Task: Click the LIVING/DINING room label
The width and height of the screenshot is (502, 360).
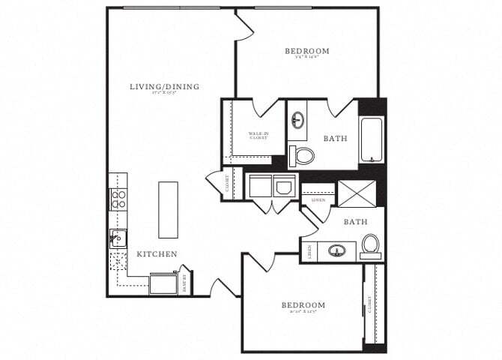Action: click(x=164, y=87)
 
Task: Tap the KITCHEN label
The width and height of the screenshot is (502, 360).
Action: click(x=157, y=254)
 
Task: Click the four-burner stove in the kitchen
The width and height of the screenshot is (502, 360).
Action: click(x=118, y=198)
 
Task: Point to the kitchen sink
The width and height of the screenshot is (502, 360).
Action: click(x=118, y=238)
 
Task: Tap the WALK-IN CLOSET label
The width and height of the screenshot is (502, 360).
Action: click(x=258, y=136)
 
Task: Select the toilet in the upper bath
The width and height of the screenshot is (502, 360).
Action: click(x=303, y=156)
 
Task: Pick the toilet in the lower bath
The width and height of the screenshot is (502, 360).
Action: click(x=370, y=245)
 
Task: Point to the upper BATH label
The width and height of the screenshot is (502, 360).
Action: click(x=334, y=139)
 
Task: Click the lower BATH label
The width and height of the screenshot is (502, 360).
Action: click(x=354, y=222)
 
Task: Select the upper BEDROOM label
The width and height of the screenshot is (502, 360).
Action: click(x=306, y=51)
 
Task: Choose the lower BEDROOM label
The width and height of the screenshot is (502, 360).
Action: click(x=303, y=305)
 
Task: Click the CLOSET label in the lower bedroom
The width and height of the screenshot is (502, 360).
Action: click(x=369, y=304)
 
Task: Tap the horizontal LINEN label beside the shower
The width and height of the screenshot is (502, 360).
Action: click(x=317, y=200)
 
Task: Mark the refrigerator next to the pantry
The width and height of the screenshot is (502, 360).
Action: click(x=163, y=283)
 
